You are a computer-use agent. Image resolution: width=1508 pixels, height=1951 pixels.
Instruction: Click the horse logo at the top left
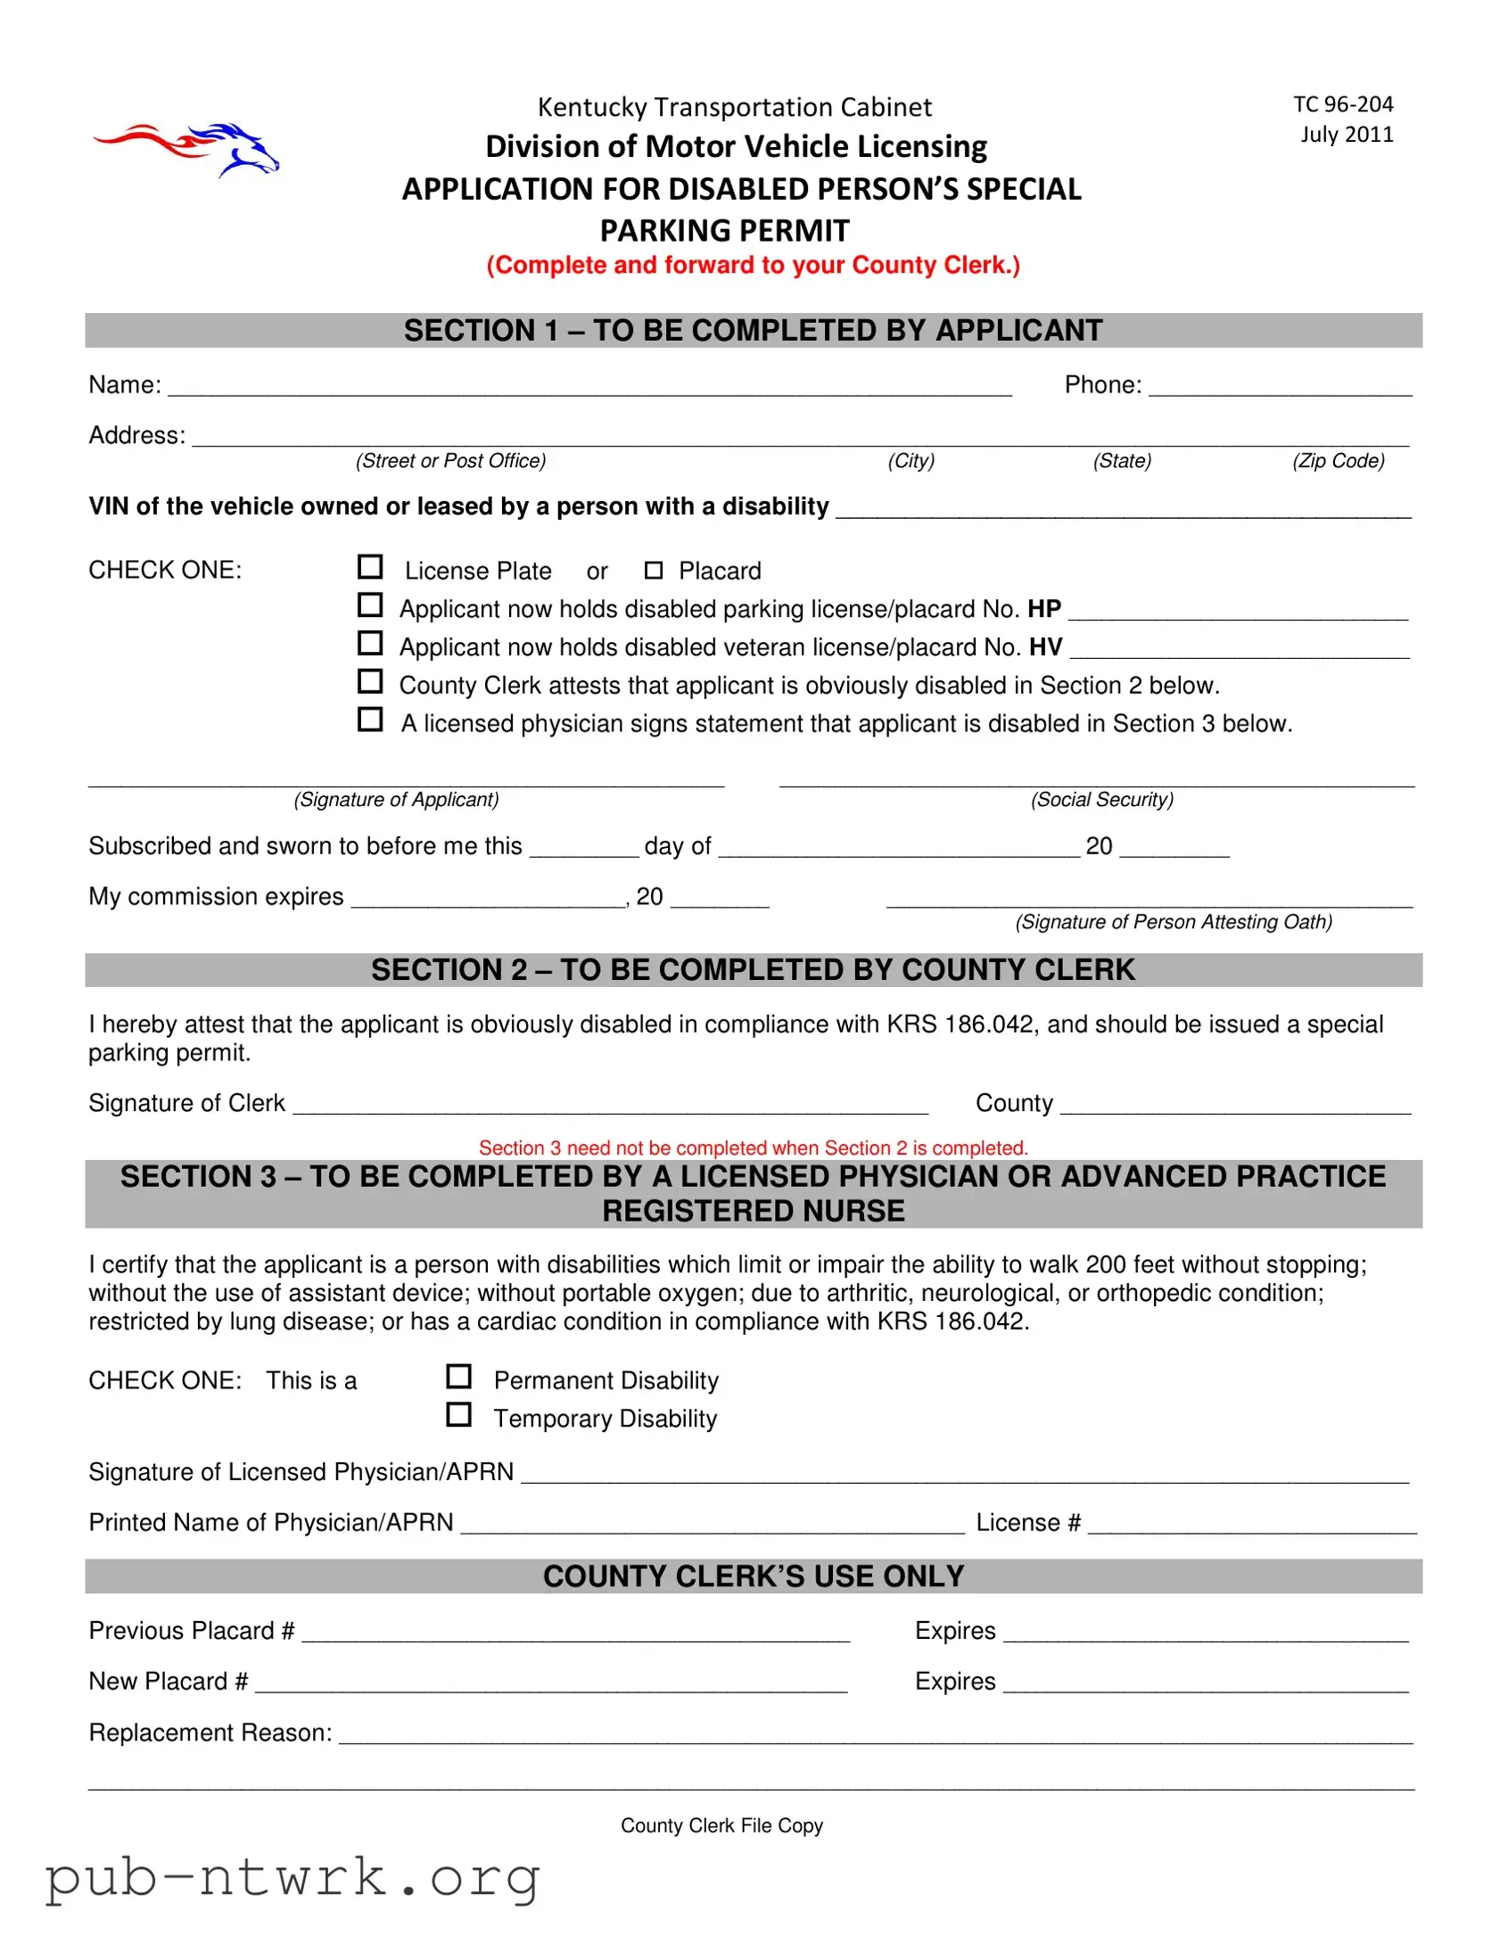186,149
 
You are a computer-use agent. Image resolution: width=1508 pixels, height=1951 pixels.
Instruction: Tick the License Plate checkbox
370,567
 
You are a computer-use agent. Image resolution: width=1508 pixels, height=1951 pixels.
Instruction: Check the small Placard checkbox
654,570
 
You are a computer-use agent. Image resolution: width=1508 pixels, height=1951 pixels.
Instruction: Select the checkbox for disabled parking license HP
370,605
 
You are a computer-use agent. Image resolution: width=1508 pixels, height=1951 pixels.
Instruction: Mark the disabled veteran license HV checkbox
370,643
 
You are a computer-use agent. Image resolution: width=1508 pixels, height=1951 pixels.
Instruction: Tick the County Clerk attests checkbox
370,681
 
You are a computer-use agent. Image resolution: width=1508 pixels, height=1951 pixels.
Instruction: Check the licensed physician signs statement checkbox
370,719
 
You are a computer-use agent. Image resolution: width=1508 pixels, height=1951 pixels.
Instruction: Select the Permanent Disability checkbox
459,1377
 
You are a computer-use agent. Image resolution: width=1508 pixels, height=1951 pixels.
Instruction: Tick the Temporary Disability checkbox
459,1414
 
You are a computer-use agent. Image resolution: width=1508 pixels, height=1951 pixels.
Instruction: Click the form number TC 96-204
1343,104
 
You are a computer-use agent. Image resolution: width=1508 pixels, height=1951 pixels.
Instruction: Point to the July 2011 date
1347,135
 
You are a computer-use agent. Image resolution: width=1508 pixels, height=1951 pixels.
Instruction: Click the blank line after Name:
589,388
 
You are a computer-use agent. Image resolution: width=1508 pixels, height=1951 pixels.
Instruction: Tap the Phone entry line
1280,388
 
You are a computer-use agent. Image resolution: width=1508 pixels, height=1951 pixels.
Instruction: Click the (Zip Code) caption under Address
1338,461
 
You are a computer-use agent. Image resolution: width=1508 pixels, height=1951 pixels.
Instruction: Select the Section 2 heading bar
753,970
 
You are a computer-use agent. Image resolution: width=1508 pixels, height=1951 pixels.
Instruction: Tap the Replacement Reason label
210,1733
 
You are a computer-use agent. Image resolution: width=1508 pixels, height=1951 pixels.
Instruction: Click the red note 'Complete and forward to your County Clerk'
753,266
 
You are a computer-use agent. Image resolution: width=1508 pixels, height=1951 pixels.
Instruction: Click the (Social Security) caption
1101,800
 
